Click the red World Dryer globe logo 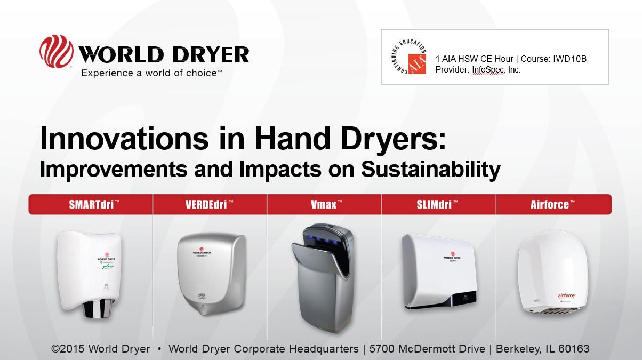click(x=57, y=51)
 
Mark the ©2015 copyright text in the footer click(x=69, y=349)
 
